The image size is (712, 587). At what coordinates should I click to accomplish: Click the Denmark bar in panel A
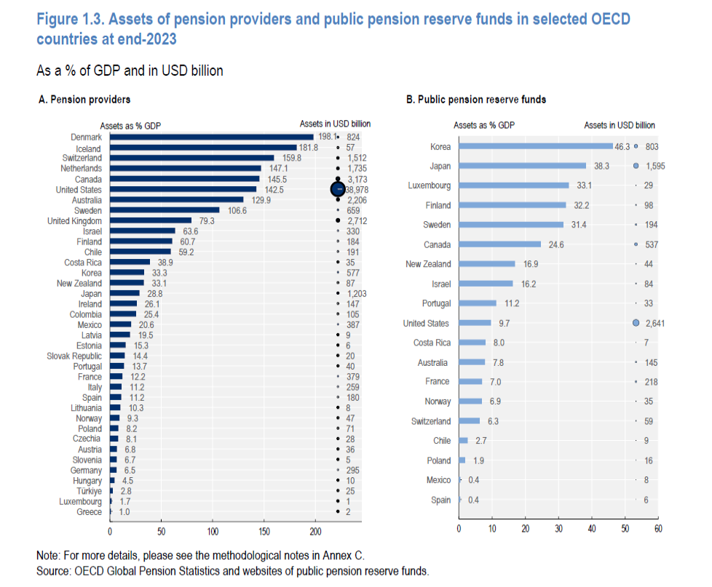211,137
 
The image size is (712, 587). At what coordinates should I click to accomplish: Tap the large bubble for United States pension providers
338,189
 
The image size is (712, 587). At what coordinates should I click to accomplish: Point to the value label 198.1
325,137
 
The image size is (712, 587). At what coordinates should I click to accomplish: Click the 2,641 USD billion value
655,323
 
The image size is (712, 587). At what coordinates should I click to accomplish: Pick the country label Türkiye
88,492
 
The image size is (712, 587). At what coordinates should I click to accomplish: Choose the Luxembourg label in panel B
429,185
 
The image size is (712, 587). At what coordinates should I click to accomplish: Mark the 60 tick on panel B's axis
657,529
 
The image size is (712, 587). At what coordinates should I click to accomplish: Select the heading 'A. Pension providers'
84,99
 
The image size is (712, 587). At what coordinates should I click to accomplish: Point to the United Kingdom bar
150,220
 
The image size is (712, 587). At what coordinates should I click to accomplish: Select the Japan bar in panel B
522,166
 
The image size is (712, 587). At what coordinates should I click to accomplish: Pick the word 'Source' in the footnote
53,571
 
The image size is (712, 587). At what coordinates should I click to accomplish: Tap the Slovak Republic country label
74,356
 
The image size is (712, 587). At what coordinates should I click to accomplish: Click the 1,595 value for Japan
655,166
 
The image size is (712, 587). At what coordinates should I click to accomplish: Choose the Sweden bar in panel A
164,210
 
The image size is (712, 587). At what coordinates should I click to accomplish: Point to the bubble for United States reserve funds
636,323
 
